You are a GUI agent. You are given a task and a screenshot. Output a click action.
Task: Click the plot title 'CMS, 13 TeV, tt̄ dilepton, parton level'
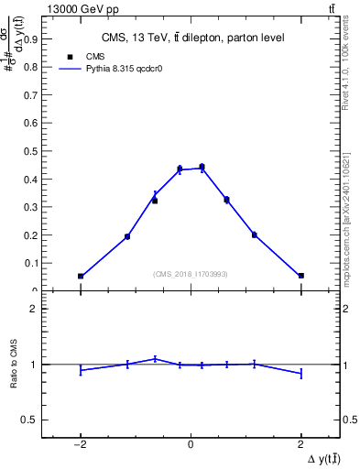tap(191, 38)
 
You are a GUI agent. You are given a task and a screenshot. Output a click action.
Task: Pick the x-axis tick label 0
tap(191, 444)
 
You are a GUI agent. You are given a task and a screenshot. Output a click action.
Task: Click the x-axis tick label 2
tap(300, 444)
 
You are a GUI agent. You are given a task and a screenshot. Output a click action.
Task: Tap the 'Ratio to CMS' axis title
tap(15, 364)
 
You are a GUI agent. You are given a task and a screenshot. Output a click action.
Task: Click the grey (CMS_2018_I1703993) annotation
tap(190, 273)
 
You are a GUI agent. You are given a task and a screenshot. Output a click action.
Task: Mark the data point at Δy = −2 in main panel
tap(81, 276)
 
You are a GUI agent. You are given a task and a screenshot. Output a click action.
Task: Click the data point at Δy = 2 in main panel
tap(300, 276)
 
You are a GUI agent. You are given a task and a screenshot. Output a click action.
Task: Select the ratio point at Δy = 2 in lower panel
tap(300, 373)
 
